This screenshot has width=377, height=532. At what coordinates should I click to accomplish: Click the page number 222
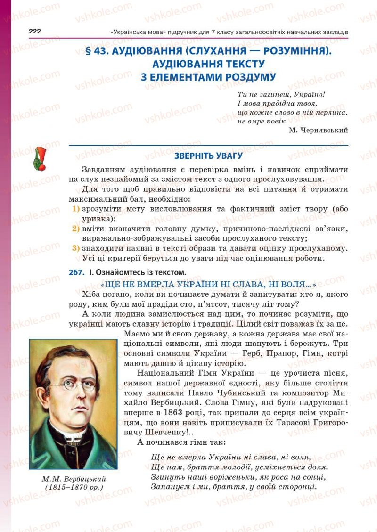(35, 31)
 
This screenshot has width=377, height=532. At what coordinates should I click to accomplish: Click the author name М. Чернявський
(318, 131)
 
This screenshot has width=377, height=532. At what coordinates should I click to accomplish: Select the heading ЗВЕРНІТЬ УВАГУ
(208, 156)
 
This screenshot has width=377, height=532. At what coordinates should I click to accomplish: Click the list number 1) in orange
(75, 208)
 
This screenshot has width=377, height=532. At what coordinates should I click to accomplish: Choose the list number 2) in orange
(75, 229)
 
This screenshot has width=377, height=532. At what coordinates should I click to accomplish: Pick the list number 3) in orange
(75, 248)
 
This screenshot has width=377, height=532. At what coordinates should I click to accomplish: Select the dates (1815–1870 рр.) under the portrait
(73, 488)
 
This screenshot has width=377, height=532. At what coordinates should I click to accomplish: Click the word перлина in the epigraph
(331, 113)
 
